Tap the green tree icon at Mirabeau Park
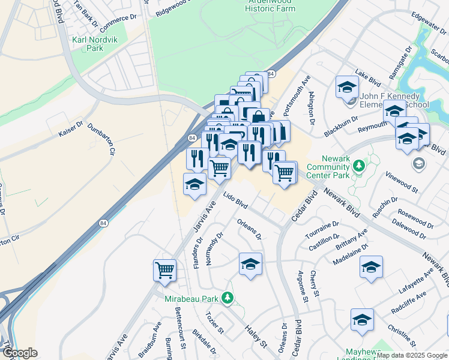click(227, 297)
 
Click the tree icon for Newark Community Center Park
click(359, 164)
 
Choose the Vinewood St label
click(402, 181)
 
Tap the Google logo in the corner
click(20, 353)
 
